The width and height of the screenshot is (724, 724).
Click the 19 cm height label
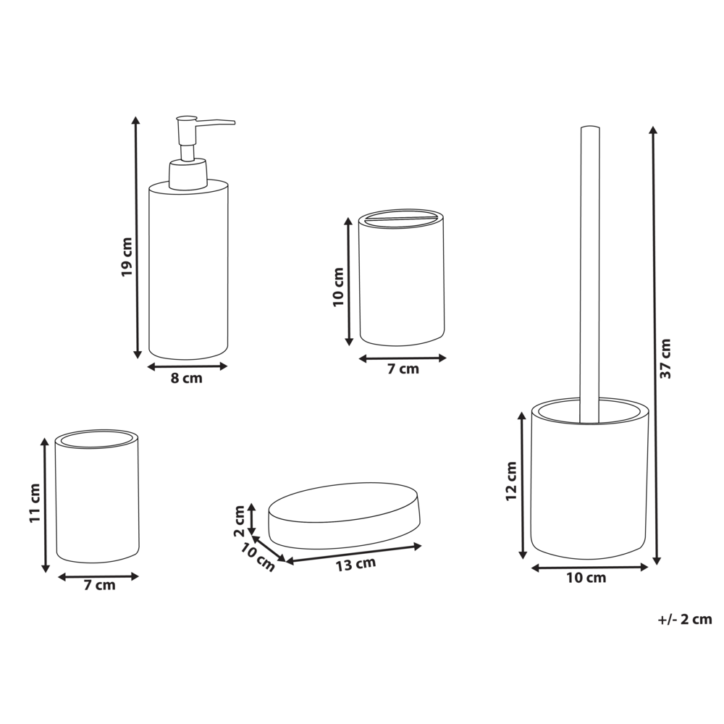click(127, 257)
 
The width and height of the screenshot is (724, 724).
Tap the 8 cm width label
click(187, 379)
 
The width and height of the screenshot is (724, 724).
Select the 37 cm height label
click(666, 358)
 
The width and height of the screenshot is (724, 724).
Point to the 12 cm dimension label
click(511, 481)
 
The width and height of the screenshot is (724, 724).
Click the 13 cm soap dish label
click(356, 564)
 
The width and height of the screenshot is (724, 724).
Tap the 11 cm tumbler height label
click(34, 504)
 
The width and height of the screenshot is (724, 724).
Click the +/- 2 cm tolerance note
click(685, 619)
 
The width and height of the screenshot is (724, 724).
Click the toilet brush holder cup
click(589, 481)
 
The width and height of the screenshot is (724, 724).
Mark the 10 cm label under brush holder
click(586, 578)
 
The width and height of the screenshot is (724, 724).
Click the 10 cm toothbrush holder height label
click(338, 287)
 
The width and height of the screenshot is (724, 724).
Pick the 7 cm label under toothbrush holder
click(403, 369)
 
